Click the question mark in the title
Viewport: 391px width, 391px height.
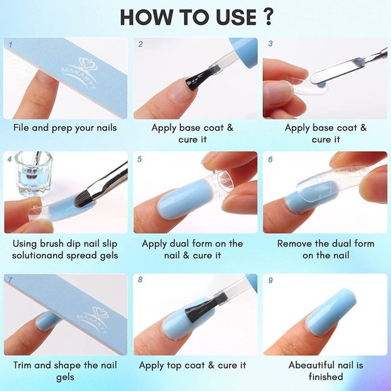coord(264,18)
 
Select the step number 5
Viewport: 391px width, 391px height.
coord(140,160)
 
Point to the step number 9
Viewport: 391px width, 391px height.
coord(270,280)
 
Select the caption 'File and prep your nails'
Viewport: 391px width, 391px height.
coord(65,127)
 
